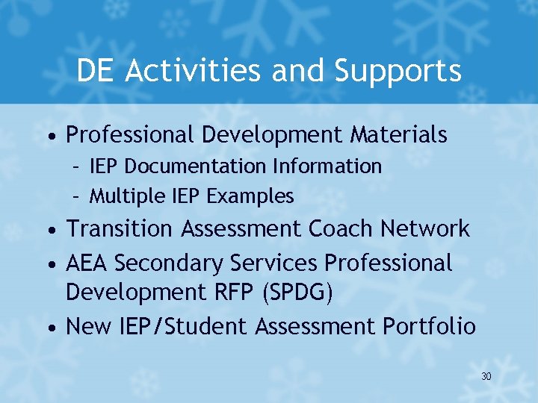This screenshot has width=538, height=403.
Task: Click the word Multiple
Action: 126,196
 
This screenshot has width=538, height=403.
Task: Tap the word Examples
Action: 250,196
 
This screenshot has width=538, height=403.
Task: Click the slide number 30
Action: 486,377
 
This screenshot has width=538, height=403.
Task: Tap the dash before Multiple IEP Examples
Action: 76,196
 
